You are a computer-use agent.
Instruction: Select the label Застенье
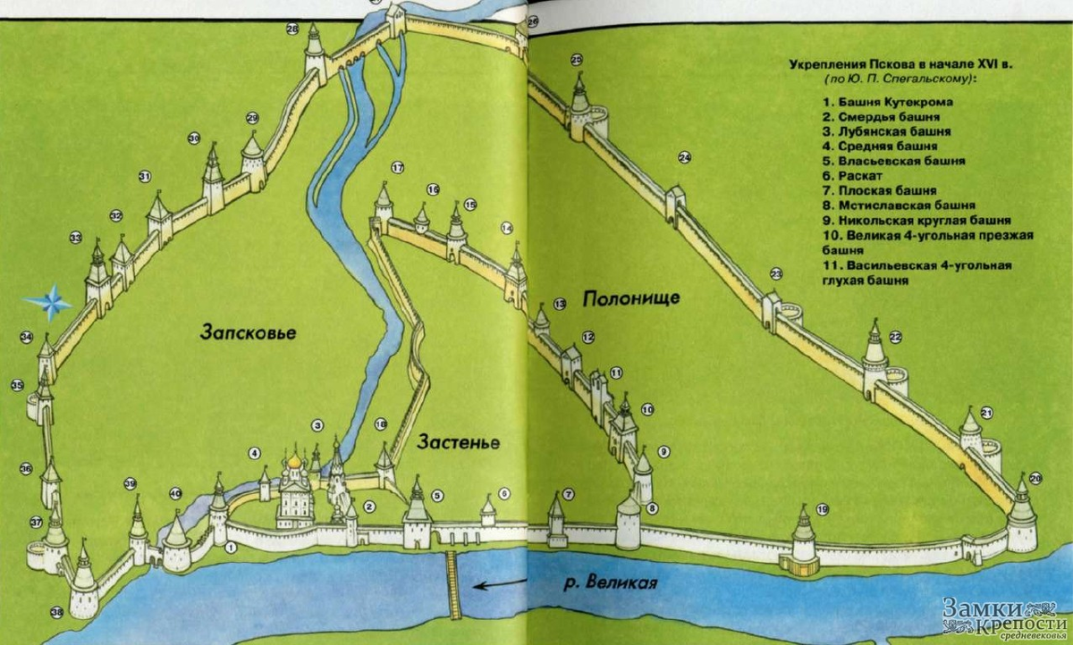point(456,442)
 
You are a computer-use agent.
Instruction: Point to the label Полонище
point(631,298)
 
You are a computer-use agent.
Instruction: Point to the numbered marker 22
point(895,337)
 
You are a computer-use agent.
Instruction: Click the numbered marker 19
point(823,509)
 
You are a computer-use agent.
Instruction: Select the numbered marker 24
point(685,158)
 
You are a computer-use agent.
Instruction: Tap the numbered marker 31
point(145,177)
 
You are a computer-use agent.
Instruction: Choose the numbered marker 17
point(398,167)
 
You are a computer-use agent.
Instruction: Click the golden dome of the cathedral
point(292,462)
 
